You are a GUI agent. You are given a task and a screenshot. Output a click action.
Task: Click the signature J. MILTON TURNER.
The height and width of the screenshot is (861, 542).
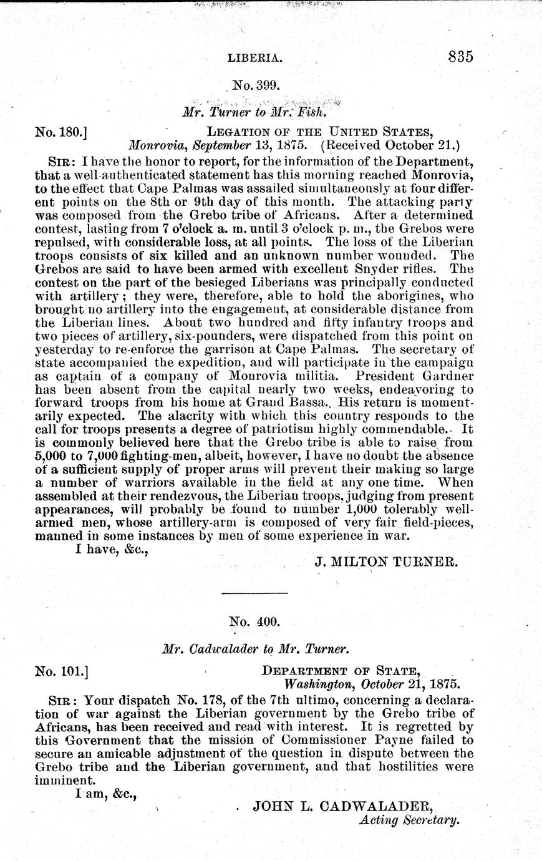point(386,561)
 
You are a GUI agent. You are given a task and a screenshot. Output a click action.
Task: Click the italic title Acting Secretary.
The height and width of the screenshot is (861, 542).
point(410,820)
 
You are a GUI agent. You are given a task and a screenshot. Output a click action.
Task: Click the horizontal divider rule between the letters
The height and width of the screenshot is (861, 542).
point(255,591)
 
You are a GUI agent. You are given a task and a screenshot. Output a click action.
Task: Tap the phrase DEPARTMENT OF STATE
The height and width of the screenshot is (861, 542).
point(340,671)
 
